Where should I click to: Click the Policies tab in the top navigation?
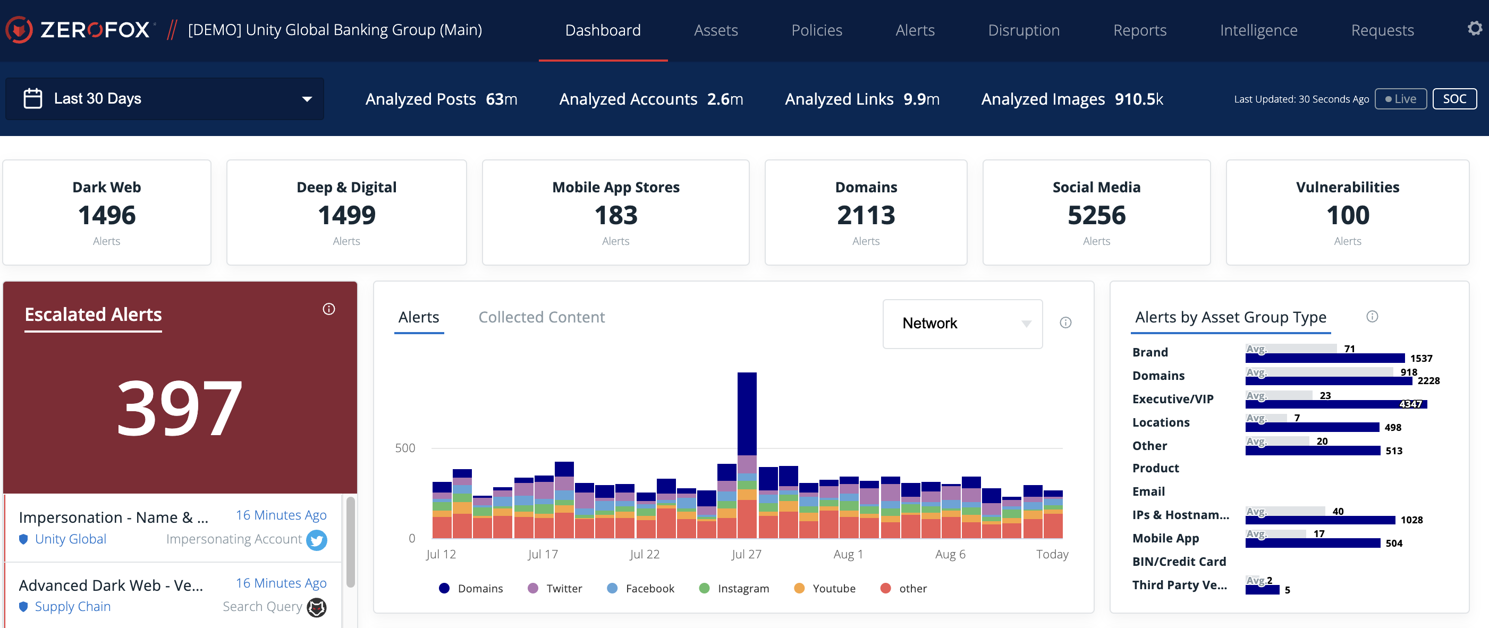click(x=816, y=30)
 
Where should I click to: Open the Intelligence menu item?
click(x=1258, y=30)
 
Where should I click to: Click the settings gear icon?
click(x=1475, y=28)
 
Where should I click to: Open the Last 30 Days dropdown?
click(x=165, y=99)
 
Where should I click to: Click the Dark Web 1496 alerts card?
click(x=107, y=213)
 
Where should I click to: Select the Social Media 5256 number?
click(x=1096, y=216)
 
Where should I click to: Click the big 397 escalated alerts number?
click(x=180, y=408)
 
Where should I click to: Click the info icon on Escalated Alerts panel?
click(x=329, y=309)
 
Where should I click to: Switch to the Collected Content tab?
click(x=541, y=317)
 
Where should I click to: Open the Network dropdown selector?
click(x=962, y=324)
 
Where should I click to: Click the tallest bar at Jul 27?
click(x=747, y=416)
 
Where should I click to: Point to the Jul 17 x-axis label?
click(x=542, y=554)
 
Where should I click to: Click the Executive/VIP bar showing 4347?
click(x=1335, y=404)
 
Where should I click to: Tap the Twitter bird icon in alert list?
click(x=316, y=540)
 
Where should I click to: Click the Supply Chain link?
click(x=73, y=607)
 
